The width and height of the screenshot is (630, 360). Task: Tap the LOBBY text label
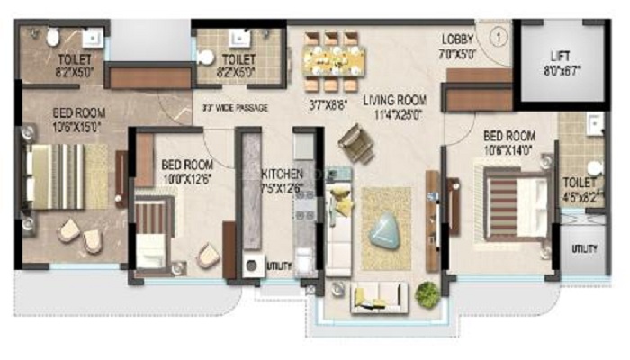tap(457, 39)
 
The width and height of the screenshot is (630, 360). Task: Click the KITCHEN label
tap(282, 173)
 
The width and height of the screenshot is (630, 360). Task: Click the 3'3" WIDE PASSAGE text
tap(237, 107)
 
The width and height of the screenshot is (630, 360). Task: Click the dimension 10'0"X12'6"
tap(186, 178)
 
